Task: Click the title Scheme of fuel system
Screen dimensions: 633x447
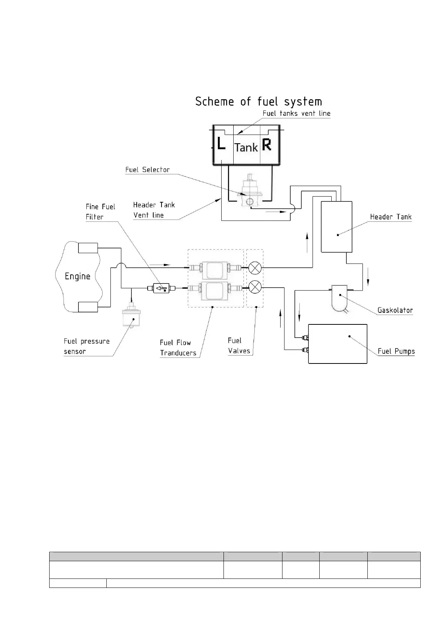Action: (x=258, y=101)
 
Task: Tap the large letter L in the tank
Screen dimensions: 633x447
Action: (x=221, y=144)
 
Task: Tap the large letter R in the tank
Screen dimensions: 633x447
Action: (x=267, y=145)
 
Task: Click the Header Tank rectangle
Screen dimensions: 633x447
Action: (x=337, y=227)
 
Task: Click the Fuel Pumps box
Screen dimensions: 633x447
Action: (x=337, y=344)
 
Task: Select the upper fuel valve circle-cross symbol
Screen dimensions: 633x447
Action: (x=255, y=268)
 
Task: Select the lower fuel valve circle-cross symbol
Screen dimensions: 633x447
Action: (x=255, y=288)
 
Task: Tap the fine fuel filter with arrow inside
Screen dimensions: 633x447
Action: (x=162, y=288)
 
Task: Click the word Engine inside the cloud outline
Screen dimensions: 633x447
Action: (x=78, y=277)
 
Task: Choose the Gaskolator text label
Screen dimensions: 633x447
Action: (x=395, y=310)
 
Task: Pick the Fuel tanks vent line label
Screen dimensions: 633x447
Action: (x=296, y=113)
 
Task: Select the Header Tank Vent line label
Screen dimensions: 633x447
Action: (x=154, y=210)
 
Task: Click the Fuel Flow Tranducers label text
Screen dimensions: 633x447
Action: (x=178, y=348)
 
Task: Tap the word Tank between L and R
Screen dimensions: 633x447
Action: (x=246, y=147)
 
